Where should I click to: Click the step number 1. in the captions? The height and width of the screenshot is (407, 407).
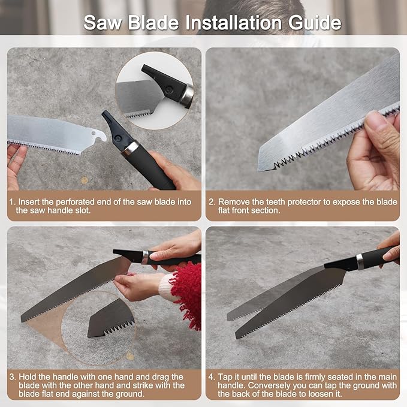tap(11, 202)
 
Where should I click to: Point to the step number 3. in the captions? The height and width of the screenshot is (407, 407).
tap(11, 377)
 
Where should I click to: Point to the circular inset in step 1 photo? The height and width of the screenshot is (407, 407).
tap(154, 89)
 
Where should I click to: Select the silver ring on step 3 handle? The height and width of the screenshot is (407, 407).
tap(145, 257)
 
